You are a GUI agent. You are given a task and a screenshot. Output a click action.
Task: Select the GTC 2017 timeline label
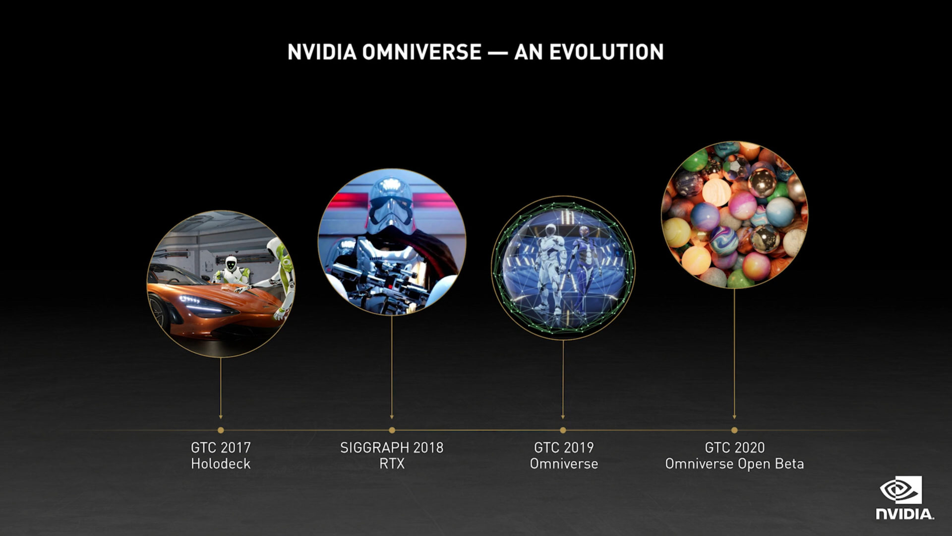pos(221,448)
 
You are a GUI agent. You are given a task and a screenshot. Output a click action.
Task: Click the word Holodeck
pos(221,464)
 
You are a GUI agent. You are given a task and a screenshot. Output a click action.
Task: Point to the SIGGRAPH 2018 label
pos(392,448)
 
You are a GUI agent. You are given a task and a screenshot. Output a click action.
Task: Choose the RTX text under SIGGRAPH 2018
pos(392,464)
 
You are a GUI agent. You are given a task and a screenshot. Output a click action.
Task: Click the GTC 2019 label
pos(563,448)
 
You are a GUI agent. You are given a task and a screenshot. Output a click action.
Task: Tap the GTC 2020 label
pos(734,448)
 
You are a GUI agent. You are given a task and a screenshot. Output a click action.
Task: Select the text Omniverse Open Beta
pos(734,464)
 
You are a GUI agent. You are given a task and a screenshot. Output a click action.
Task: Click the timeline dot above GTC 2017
pos(221,430)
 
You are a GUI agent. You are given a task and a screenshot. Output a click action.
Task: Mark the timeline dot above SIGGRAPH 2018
pos(392,430)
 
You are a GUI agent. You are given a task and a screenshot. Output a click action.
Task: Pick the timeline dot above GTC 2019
pos(563,430)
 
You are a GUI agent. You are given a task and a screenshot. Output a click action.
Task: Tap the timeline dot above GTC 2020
pos(734,430)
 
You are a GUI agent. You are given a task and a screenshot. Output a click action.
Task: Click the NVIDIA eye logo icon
pos(900,490)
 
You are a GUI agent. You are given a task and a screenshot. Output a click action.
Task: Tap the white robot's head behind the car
pos(231,264)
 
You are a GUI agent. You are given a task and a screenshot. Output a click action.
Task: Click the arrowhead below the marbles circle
pos(734,417)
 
